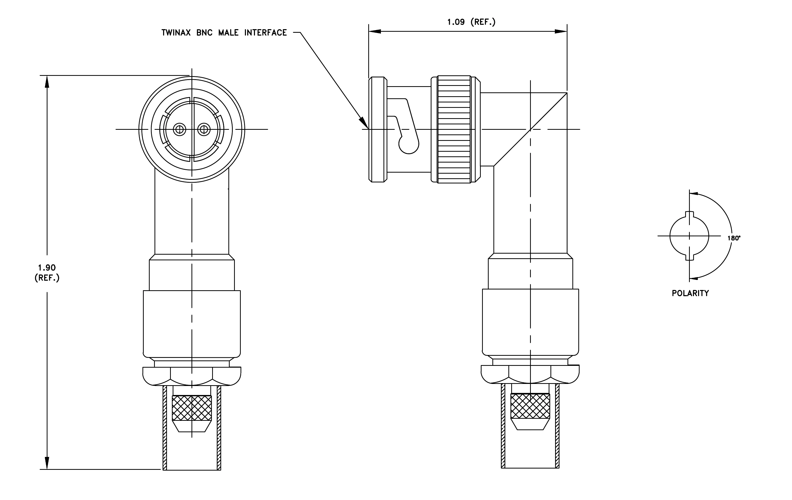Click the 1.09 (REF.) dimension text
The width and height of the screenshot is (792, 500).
click(471, 22)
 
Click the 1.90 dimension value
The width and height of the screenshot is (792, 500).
click(47, 268)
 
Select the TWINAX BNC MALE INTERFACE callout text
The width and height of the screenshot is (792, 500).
click(224, 33)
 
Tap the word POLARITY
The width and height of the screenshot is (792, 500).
click(690, 293)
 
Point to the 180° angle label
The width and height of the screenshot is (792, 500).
click(734, 238)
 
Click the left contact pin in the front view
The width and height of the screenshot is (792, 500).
click(180, 130)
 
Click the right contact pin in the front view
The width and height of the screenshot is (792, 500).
click(204, 130)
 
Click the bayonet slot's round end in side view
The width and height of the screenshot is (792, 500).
click(409, 144)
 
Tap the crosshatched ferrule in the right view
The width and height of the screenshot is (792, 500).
click(530, 406)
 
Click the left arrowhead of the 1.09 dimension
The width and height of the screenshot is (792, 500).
click(375, 31)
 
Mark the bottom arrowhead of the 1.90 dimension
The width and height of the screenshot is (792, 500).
click(47, 463)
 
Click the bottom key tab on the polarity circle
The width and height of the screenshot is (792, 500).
click(689, 257)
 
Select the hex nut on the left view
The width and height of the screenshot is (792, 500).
click(192, 376)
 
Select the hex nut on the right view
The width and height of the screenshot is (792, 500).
click(530, 375)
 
